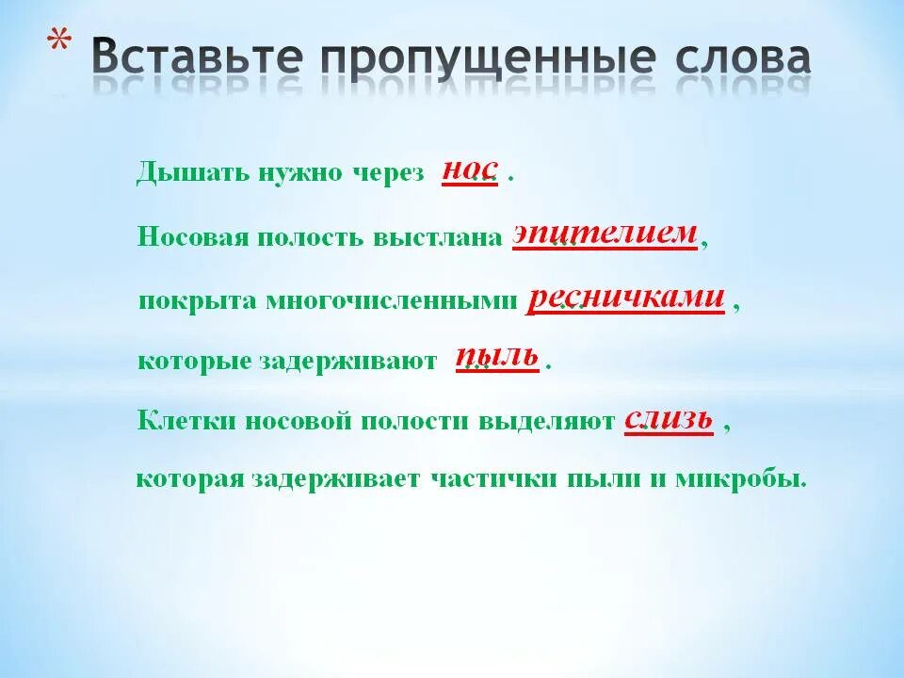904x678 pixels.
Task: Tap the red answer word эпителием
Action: [x=605, y=233]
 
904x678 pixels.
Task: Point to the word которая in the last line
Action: [x=189, y=479]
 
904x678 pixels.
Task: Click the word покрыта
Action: [x=199, y=300]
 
